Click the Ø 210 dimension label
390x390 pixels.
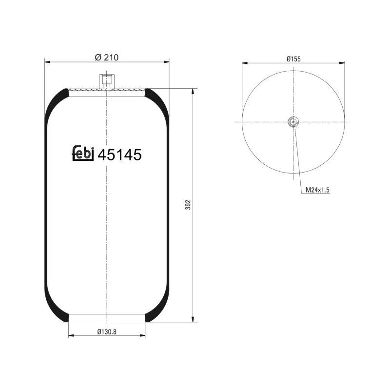(x=106, y=57)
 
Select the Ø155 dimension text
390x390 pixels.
(x=293, y=58)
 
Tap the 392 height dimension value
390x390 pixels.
(x=188, y=205)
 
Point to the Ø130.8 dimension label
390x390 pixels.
(x=106, y=331)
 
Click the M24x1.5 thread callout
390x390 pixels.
(x=317, y=190)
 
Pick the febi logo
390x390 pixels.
(x=83, y=153)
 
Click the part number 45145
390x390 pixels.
(x=119, y=155)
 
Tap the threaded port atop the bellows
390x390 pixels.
(x=106, y=81)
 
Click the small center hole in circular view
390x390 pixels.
(x=293, y=122)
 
